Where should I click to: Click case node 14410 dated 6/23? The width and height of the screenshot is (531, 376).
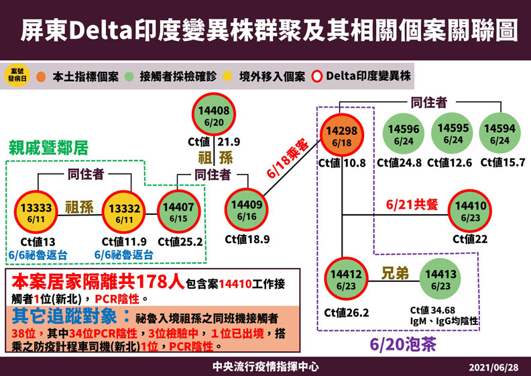point(470,211)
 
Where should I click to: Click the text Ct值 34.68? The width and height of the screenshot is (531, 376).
point(436,311)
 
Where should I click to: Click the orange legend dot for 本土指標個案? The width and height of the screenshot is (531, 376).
point(42,75)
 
